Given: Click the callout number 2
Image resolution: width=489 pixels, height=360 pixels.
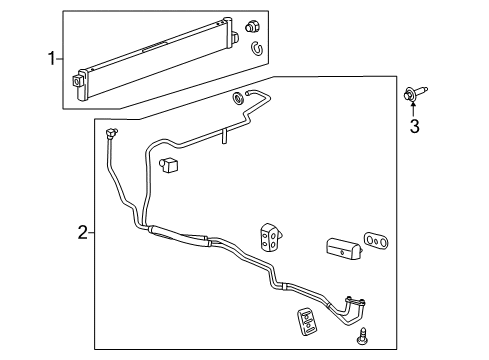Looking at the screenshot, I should (x=82, y=233).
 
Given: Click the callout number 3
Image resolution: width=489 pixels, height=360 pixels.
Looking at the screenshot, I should (x=412, y=125).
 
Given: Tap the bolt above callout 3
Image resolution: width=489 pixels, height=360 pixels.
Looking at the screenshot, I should (x=416, y=94).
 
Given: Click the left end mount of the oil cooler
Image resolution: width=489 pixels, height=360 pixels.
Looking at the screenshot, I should (x=79, y=80).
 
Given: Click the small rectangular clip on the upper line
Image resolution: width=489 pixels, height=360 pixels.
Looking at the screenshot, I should (x=167, y=163).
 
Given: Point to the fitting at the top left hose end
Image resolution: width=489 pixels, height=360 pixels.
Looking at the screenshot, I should (x=110, y=133).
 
